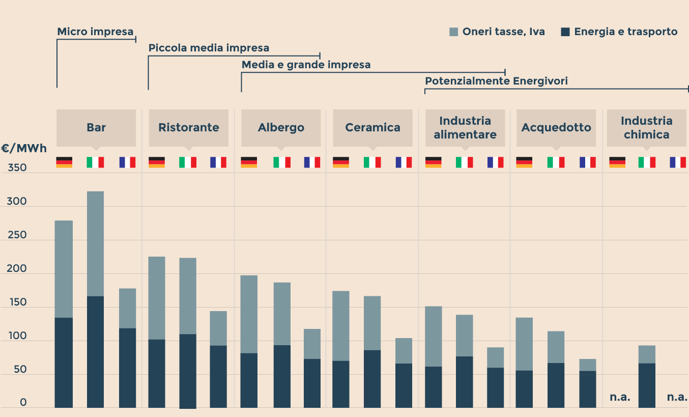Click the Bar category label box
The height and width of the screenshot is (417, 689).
tap(96, 127)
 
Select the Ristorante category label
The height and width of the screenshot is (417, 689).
tap(188, 127)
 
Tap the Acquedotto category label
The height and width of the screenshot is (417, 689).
tap(556, 127)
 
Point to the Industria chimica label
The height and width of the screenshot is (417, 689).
tap(646, 128)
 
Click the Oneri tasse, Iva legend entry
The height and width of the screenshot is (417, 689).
tap(497, 32)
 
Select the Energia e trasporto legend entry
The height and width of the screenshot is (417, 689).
tap(619, 32)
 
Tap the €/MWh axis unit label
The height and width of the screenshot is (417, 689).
tap(24, 149)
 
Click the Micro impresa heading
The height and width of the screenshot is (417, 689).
tap(95, 32)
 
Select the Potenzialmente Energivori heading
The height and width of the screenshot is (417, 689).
tap(496, 81)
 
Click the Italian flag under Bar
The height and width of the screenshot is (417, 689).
tap(95, 162)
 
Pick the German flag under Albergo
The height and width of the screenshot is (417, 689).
tap(249, 162)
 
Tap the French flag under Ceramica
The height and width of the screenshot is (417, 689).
tap(404, 162)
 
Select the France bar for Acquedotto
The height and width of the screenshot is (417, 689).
tap(587, 383)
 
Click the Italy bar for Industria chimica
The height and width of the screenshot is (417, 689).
tap(647, 377)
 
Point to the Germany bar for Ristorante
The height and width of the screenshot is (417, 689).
tap(157, 332)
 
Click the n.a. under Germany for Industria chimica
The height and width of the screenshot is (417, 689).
tap(620, 397)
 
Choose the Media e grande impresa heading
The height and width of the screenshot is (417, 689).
tap(306, 65)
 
